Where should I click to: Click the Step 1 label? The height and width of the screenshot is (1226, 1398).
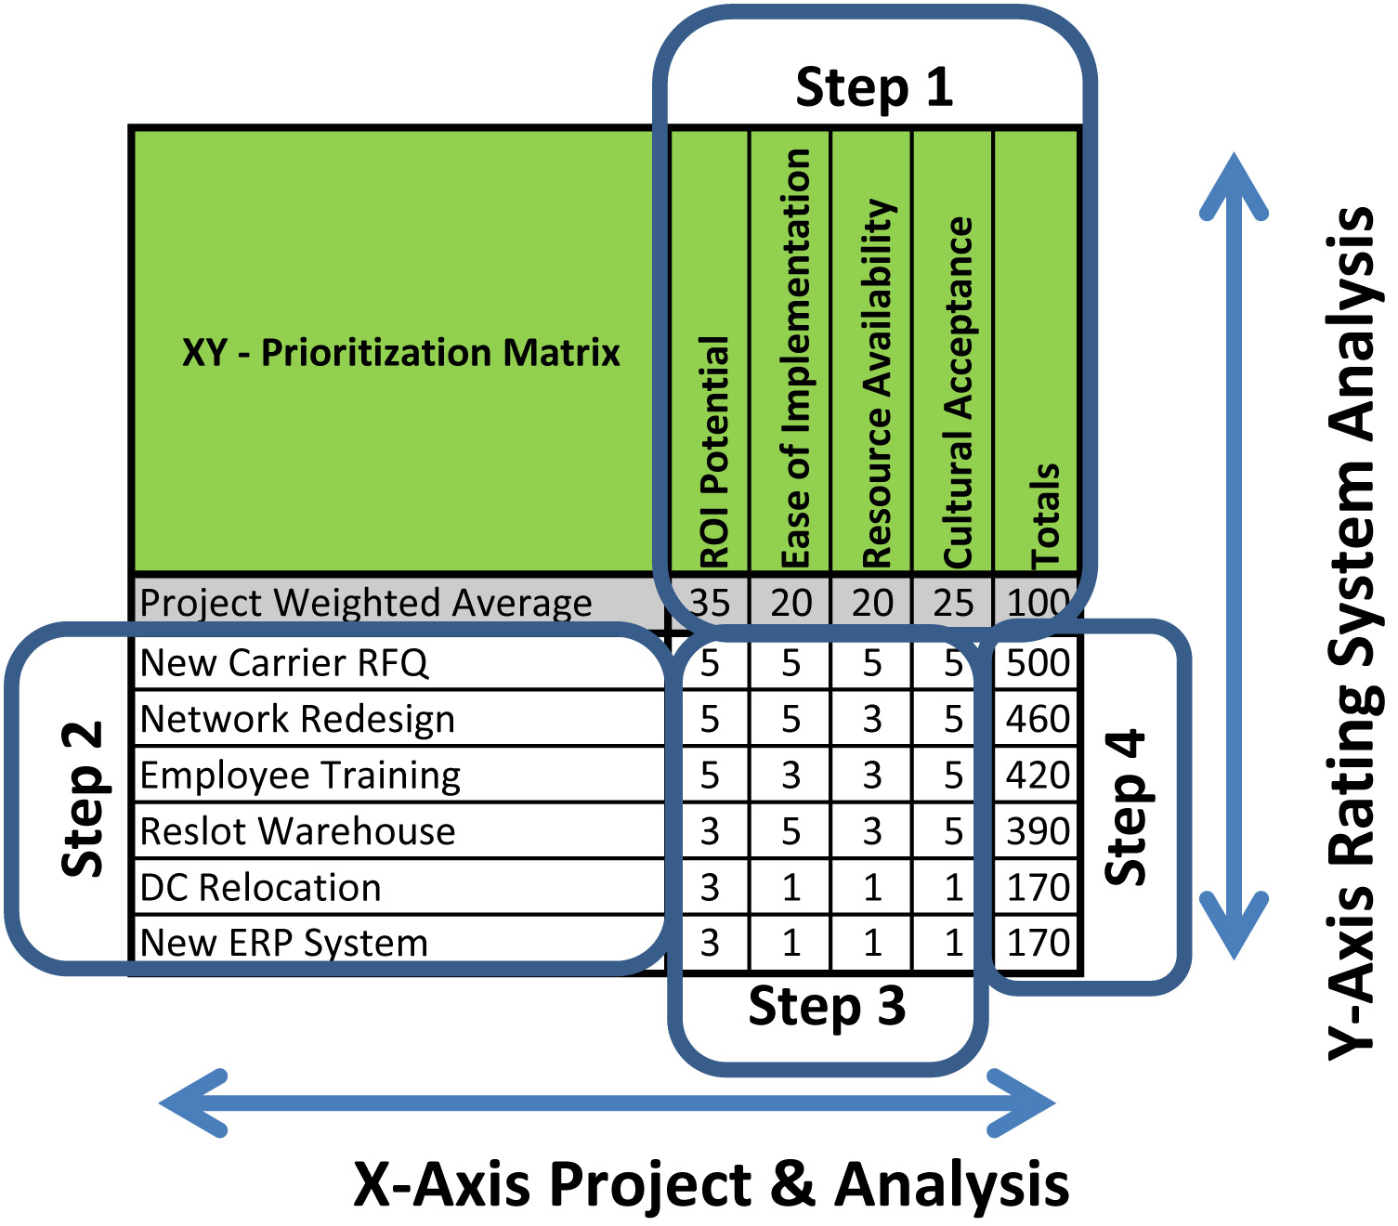(873, 87)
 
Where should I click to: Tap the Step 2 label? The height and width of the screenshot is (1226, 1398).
(82, 799)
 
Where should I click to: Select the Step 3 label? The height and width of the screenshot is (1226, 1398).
(827, 1007)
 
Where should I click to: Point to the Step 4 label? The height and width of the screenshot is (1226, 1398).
(1125, 807)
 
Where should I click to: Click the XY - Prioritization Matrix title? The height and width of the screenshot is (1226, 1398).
(401, 353)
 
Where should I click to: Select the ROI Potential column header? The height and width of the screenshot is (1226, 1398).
(713, 452)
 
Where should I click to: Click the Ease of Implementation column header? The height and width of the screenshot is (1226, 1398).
(794, 359)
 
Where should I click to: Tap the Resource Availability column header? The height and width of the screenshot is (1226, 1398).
(877, 384)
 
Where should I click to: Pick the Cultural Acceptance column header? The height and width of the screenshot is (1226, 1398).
(957, 393)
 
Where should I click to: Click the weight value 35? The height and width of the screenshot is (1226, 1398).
(710, 602)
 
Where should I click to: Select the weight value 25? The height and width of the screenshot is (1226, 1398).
(953, 602)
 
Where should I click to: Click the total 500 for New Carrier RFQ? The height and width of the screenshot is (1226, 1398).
(1038, 663)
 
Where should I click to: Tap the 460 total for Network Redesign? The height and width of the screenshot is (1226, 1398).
(1038, 719)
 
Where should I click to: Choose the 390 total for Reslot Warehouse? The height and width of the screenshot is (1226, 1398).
(1038, 830)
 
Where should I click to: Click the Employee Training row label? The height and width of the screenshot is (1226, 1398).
(300, 776)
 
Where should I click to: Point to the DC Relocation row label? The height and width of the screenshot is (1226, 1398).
(260, 887)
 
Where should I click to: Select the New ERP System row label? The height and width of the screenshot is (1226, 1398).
(283, 943)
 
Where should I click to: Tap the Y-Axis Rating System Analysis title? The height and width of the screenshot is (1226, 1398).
(1354, 633)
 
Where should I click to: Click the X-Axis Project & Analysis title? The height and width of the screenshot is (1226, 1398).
(711, 1184)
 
